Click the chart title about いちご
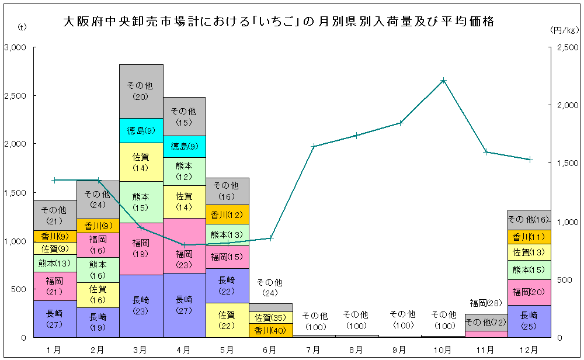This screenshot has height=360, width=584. pos(280,22)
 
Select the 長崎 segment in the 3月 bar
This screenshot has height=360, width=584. pos(141,306)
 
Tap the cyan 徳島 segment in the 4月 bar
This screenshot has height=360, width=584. pos(185,146)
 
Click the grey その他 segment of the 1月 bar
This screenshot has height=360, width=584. pos(54,215)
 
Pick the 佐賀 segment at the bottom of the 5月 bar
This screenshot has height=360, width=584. pos(228,320)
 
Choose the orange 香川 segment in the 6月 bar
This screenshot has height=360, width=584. pos(270,330)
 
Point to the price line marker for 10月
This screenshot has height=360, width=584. pos(443,80)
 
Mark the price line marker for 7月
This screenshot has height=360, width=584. pos(314,146)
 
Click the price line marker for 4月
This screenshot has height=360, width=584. pos(185,245)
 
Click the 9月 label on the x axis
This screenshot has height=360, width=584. pos(400,349)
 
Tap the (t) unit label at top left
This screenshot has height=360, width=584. pos(22,27)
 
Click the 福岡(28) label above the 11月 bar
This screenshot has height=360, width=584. pos(486,303)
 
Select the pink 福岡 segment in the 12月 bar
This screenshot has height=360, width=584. pos(529,292)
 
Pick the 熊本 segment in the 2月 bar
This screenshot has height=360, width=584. pos(98,269)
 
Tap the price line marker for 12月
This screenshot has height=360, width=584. pos(530,159)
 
